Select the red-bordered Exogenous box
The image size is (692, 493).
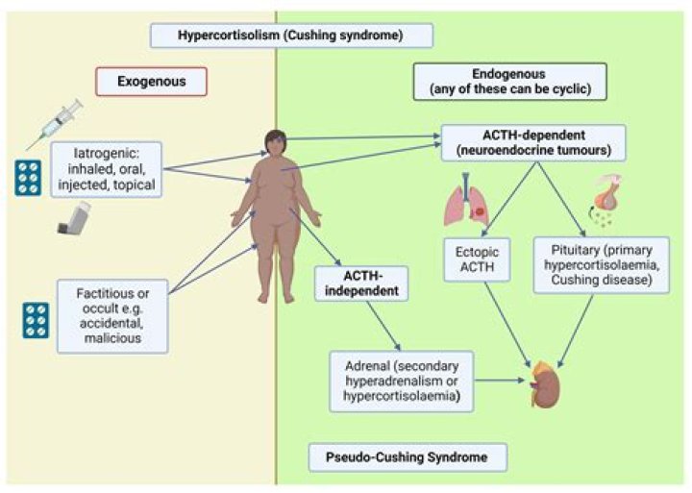(x=154, y=82)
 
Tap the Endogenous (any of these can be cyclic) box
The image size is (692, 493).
(x=509, y=82)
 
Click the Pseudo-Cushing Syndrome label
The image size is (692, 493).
(x=408, y=456)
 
